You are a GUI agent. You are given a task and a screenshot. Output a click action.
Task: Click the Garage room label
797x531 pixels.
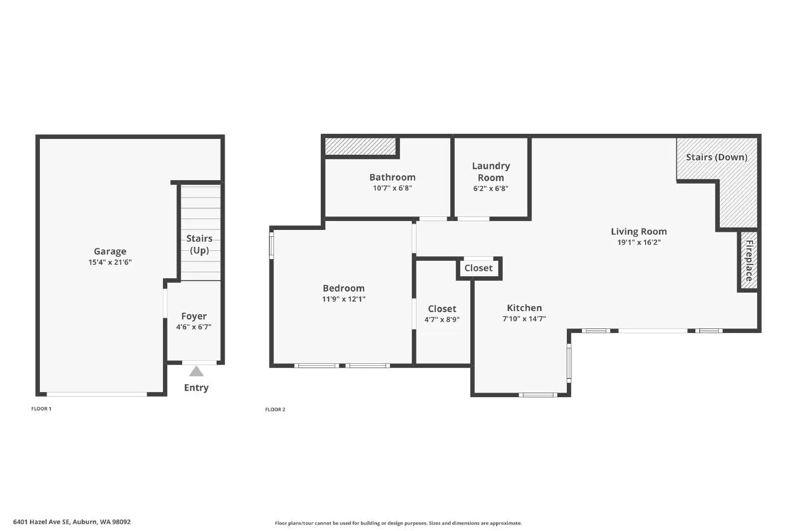pos(110,251)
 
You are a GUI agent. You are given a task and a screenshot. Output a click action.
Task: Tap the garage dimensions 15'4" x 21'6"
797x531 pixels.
pos(110,262)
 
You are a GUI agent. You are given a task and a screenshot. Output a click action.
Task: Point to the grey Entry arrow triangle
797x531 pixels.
pos(196,371)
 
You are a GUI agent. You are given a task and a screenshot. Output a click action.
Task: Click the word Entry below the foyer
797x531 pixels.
pos(196,388)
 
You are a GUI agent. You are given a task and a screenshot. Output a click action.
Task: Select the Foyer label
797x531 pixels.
pos(194,316)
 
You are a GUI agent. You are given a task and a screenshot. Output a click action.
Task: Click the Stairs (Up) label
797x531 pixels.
pos(199,244)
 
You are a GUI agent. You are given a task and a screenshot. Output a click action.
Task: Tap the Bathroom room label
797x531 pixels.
pos(392,177)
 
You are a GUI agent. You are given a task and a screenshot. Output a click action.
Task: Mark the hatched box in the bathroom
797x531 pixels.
pos(360,146)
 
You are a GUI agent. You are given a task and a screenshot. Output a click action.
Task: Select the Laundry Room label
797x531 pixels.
pos(491,172)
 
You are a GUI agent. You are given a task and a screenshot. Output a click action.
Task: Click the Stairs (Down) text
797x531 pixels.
pos(716,157)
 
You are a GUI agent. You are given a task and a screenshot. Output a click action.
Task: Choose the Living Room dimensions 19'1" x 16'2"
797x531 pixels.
pos(639,242)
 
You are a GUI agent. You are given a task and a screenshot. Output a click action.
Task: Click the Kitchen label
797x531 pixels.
pos(524,308)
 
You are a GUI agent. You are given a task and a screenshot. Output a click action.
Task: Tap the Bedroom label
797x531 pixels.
pos(343,288)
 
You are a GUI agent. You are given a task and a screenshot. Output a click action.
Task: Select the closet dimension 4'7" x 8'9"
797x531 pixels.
pos(442,319)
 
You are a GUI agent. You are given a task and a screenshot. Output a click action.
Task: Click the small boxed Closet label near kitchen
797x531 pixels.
pos(478,268)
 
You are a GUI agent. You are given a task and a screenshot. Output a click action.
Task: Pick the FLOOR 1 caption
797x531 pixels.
pos(41,409)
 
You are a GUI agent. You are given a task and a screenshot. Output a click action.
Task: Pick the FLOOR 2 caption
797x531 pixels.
pos(275,410)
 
